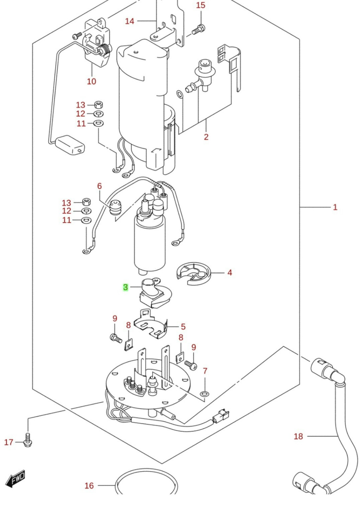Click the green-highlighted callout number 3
[x=126, y=287]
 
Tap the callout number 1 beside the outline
[x=335, y=207]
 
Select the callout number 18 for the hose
[x=298, y=436]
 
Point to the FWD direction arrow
[x=16, y=479]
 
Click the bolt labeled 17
[x=28, y=440]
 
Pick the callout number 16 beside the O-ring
[x=89, y=486]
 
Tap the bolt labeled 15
[x=198, y=30]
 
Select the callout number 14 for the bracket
[x=129, y=21]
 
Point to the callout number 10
[x=91, y=81]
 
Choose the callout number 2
[x=206, y=137]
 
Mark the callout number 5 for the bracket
[x=183, y=327]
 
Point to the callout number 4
[x=230, y=272]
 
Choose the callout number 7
[x=205, y=371]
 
